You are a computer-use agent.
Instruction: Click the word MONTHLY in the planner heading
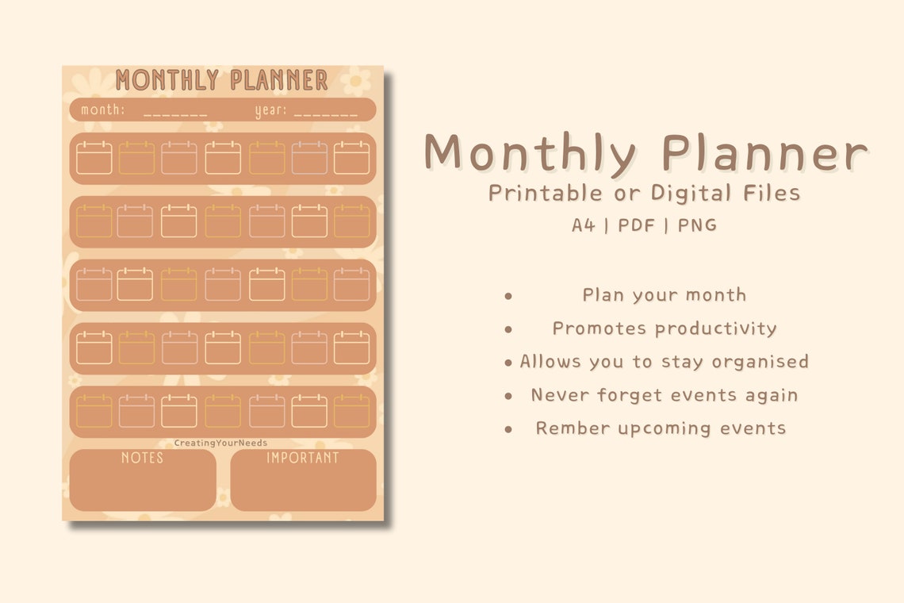coord(167,80)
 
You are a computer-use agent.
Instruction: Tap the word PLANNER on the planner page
coord(278,80)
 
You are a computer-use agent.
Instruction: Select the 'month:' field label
coord(102,109)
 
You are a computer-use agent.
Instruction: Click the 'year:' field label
coord(270,110)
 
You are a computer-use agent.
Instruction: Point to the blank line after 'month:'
coord(175,113)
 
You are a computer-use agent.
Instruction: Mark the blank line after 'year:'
coord(331,113)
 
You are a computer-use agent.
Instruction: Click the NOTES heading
coord(143,458)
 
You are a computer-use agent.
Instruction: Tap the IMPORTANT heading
coord(302,458)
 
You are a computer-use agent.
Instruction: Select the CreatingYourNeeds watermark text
coord(221,444)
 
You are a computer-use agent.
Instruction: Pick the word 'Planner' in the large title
coord(764,153)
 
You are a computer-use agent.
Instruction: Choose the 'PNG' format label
coord(698,225)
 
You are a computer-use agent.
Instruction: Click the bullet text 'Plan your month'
coord(665,295)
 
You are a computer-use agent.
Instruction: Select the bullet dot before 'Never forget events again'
coord(508,396)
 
